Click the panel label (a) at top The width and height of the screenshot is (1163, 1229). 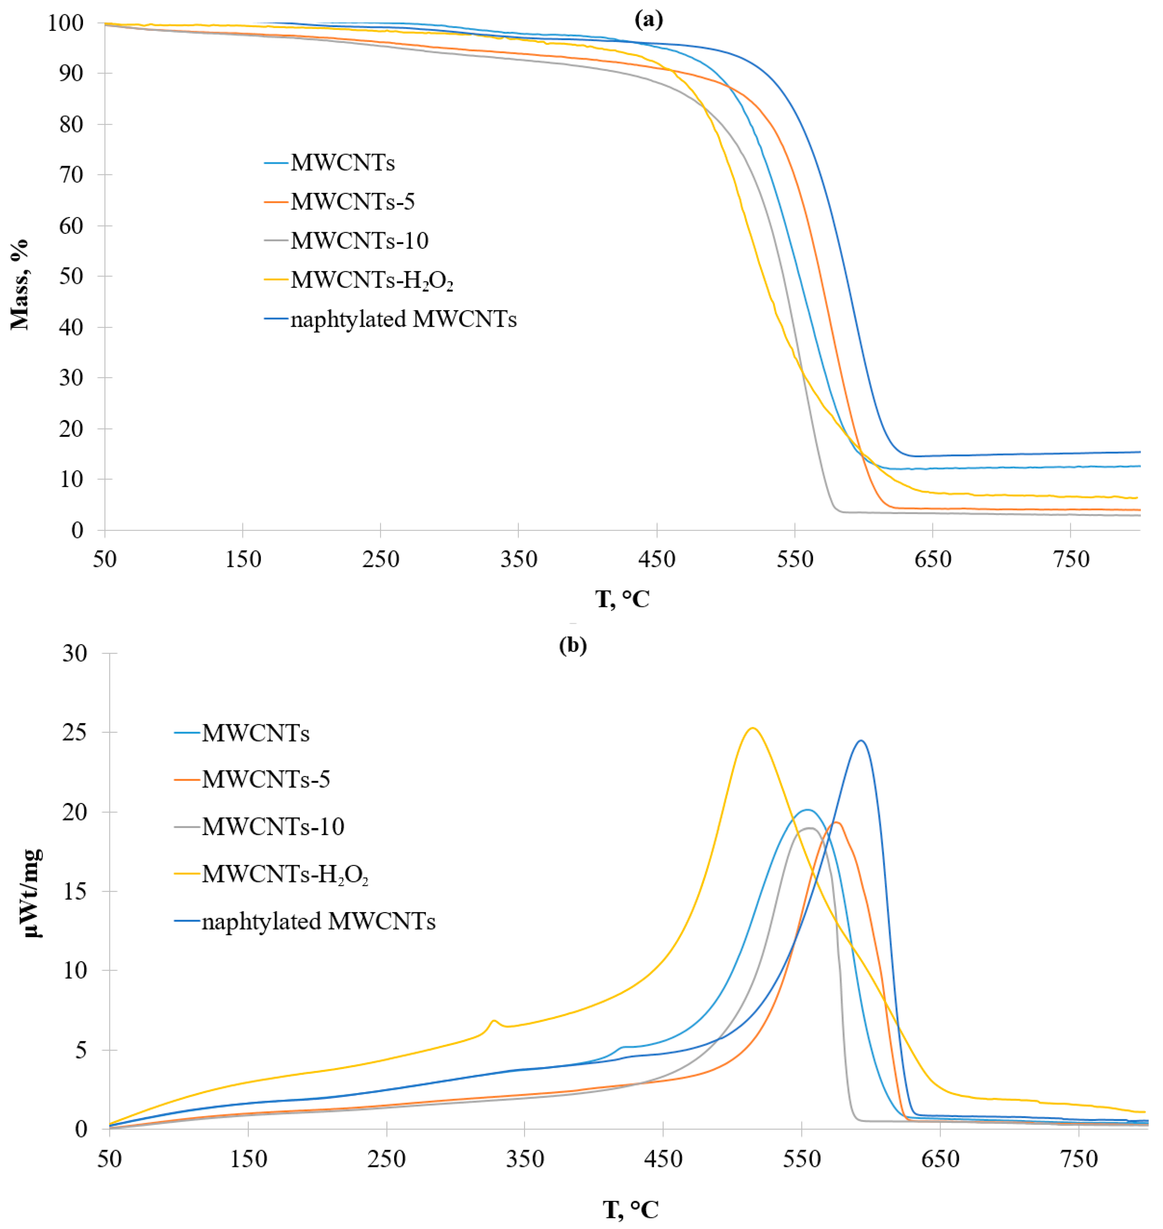pyautogui.click(x=648, y=20)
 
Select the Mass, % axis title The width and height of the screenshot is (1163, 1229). pyautogui.click(x=20, y=284)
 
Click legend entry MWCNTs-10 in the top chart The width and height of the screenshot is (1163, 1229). pyautogui.click(x=360, y=240)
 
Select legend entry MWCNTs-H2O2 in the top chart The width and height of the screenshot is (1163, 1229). pyautogui.click(x=372, y=280)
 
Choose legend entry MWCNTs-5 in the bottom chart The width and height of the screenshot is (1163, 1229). pyautogui.click(x=266, y=779)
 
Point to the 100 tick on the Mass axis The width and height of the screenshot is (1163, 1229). pyautogui.click(x=66, y=23)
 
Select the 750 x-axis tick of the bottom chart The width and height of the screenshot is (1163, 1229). pyautogui.click(x=1079, y=1159)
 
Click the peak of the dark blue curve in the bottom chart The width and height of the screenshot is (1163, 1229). pyautogui.click(x=861, y=741)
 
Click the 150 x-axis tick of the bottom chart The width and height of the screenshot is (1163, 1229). pyautogui.click(x=248, y=1159)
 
